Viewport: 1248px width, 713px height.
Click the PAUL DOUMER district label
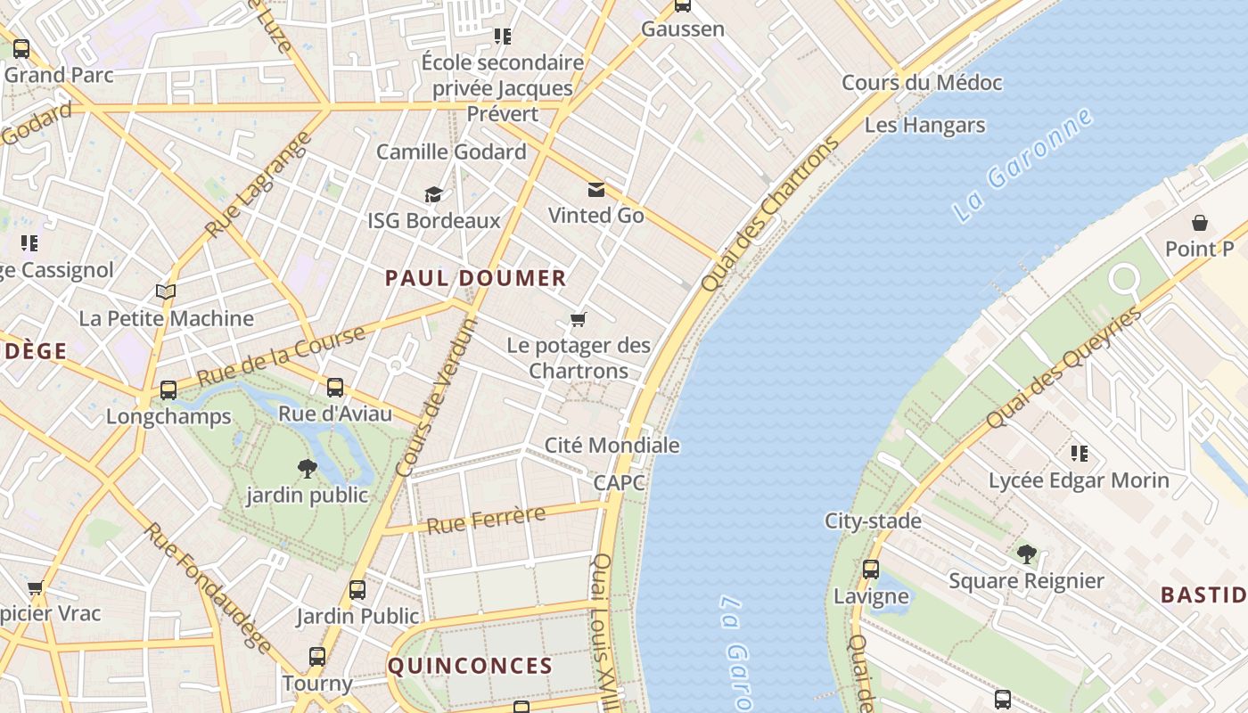[x=475, y=278]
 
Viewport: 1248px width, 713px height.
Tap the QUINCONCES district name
[x=470, y=666]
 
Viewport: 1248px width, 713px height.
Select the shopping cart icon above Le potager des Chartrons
[x=579, y=319]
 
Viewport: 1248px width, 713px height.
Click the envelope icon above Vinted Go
[x=595, y=189]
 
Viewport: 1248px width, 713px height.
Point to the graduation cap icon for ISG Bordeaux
[x=433, y=194]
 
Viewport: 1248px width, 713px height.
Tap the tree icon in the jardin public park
[x=307, y=468]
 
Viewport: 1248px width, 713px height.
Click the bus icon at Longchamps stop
[x=168, y=390]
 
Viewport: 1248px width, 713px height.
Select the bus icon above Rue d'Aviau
[x=335, y=388]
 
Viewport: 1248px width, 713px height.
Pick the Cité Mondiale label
[x=612, y=445]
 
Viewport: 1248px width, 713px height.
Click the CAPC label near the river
[x=619, y=482]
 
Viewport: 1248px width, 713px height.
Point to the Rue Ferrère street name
[x=486, y=520]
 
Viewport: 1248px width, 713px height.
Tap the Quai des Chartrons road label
[x=770, y=214]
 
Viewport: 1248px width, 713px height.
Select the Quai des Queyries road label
[x=1063, y=368]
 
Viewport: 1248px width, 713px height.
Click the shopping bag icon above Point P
[x=1200, y=223]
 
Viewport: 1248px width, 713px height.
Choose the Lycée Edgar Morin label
[x=1079, y=480]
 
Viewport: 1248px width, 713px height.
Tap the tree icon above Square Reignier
[x=1027, y=554]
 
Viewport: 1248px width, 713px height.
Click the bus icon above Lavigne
[x=871, y=569]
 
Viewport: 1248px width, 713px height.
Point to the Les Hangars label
[x=924, y=125]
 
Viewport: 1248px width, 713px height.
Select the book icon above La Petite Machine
[x=166, y=291]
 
